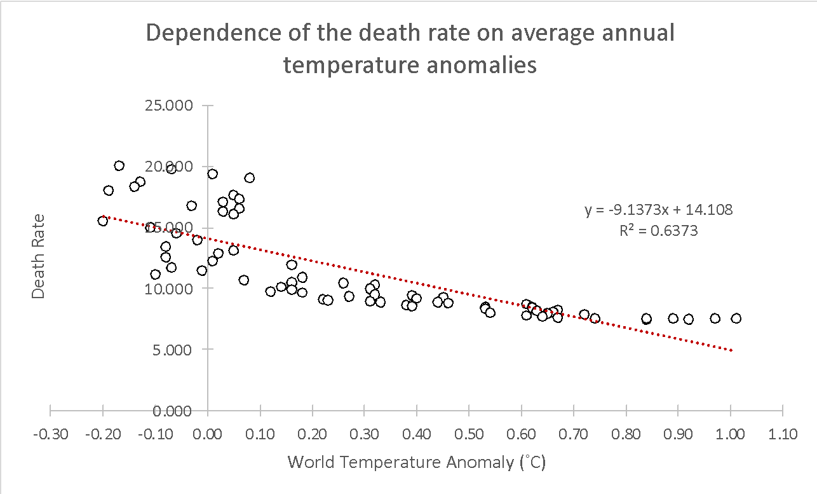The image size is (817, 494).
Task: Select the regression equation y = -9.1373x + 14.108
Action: (659, 210)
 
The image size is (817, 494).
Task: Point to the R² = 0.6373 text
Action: (659, 231)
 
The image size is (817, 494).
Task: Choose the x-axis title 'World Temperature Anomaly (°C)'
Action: (417, 462)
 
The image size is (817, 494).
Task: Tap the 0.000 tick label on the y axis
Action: (173, 411)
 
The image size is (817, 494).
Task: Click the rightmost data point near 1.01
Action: (736, 319)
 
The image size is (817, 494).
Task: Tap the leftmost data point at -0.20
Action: (103, 221)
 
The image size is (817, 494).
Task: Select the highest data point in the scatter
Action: (119, 166)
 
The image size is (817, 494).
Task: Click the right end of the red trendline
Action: (733, 350)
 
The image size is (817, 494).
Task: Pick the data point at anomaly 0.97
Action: (715, 319)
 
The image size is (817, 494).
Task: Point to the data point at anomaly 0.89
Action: (673, 319)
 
